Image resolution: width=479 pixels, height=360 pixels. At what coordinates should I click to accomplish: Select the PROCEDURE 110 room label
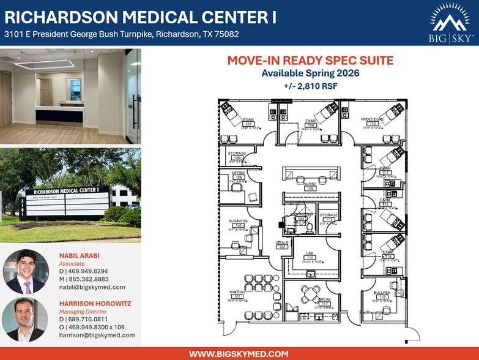pyautogui.click(x=372, y=122)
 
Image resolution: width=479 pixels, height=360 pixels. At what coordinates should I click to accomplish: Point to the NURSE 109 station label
pyautogui.click(x=310, y=187)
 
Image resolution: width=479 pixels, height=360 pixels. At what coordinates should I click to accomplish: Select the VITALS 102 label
pyautogui.click(x=281, y=245)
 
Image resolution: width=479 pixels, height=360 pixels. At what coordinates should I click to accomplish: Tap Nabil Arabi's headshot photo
pyautogui.click(x=26, y=271)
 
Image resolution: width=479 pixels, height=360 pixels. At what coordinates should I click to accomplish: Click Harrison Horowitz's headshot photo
pyautogui.click(x=26, y=319)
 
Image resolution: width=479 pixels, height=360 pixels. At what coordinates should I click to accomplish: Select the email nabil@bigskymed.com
pyautogui.click(x=92, y=287)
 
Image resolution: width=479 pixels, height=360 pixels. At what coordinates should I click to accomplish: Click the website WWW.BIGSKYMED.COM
pyautogui.click(x=239, y=353)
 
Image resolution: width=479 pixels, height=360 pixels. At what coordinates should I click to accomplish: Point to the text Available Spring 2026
pyautogui.click(x=310, y=73)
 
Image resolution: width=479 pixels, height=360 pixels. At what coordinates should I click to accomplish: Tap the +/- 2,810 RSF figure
pyautogui.click(x=310, y=86)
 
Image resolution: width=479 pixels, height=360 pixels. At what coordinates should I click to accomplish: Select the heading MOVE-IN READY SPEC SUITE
pyautogui.click(x=310, y=61)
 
